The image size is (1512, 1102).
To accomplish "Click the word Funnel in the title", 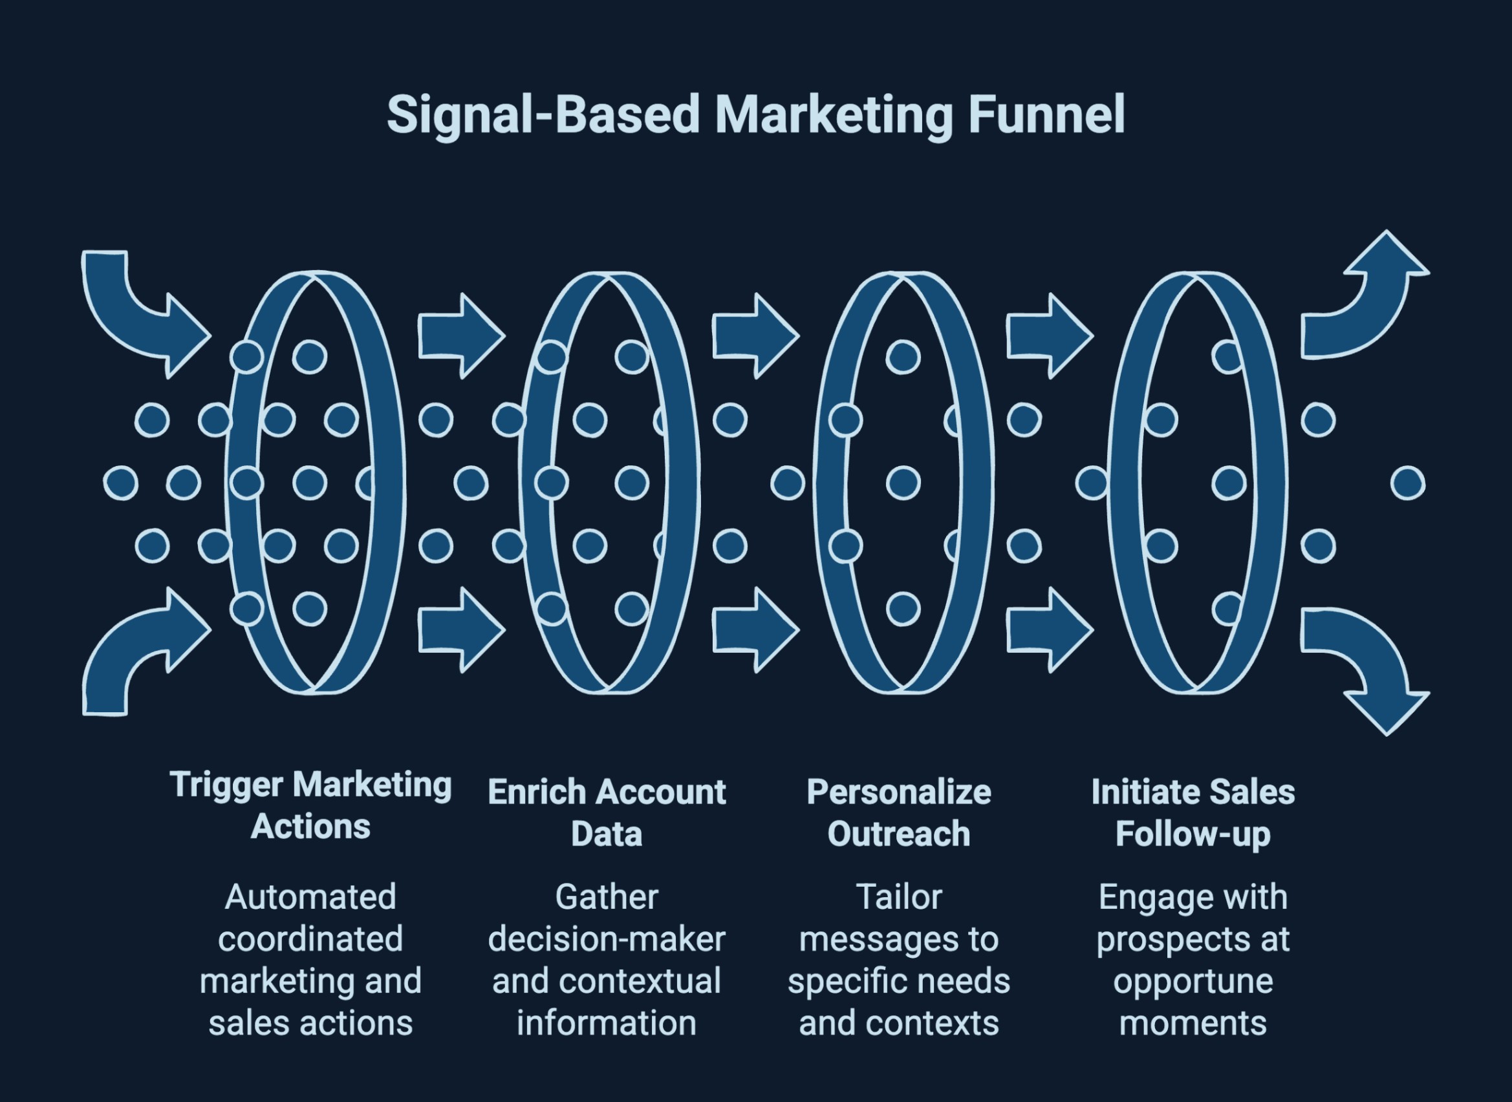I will pyautogui.click(x=1046, y=115).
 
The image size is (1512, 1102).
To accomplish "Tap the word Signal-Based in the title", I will pyautogui.click(x=543, y=115).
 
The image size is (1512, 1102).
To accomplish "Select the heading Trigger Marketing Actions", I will pyautogui.click(x=310, y=806).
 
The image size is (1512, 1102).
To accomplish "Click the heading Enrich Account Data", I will pyautogui.click(x=606, y=813).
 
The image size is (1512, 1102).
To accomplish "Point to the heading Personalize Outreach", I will pyautogui.click(x=898, y=813).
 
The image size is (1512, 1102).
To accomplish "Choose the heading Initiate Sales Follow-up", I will pyautogui.click(x=1193, y=813).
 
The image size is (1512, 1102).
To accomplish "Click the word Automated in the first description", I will pyautogui.click(x=310, y=897).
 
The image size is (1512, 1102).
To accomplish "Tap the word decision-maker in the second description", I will pyautogui.click(x=606, y=940).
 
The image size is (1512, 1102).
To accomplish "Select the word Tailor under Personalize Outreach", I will pyautogui.click(x=898, y=897).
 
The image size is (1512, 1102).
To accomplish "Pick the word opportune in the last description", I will pyautogui.click(x=1193, y=981).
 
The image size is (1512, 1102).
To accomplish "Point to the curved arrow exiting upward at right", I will pyautogui.click(x=1361, y=300).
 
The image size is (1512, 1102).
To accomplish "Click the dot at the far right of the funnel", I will pyautogui.click(x=1408, y=483).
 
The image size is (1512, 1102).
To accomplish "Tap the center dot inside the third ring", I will pyautogui.click(x=903, y=483).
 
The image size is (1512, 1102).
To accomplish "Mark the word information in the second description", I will pyautogui.click(x=606, y=1023).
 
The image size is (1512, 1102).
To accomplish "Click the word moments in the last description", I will pyautogui.click(x=1193, y=1023).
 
